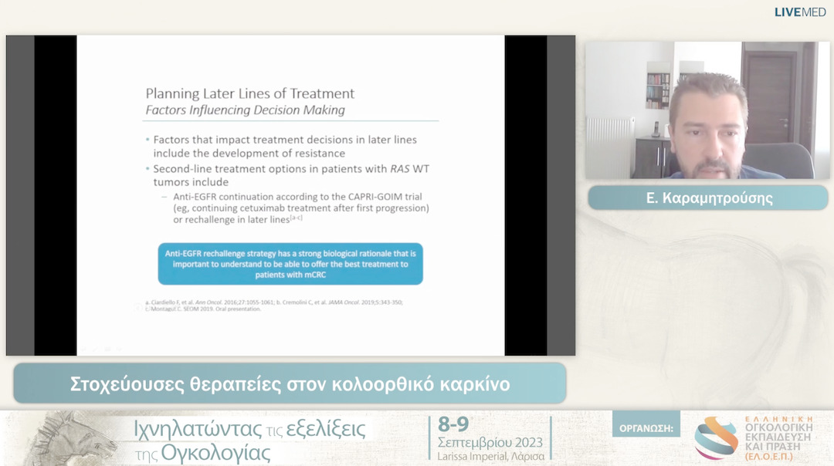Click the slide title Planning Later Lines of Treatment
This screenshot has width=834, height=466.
tap(250, 93)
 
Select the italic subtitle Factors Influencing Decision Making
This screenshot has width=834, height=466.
tap(246, 110)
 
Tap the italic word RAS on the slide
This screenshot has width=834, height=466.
tap(401, 168)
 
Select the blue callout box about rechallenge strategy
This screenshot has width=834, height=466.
tap(290, 264)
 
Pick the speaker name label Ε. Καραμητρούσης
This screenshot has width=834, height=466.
tap(708, 198)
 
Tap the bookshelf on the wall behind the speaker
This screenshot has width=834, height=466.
tap(658, 91)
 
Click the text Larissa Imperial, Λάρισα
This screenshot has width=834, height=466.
tap(490, 456)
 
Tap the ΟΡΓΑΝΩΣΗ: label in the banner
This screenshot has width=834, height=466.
tap(646, 427)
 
